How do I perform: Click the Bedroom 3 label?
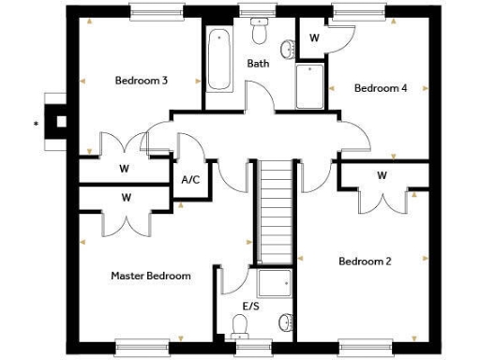(141, 81)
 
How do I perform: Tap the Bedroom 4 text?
(380, 88)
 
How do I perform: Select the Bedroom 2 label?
(365, 261)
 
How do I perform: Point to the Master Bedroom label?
(151, 276)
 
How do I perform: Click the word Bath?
(258, 64)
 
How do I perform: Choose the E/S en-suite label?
(251, 307)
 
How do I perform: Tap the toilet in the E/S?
(240, 325)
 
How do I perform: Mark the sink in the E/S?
(284, 323)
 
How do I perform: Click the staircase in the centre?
(276, 210)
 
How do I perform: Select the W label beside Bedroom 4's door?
(314, 38)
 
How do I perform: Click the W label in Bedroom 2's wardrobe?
(382, 175)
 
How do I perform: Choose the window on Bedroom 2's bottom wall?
(365, 347)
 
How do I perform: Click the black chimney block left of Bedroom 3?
(62, 120)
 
